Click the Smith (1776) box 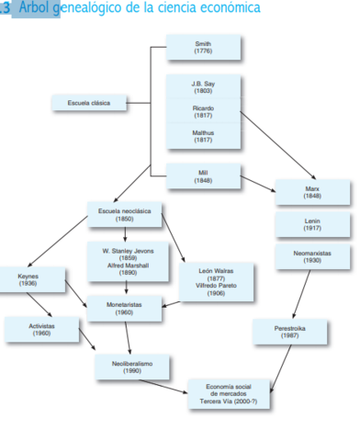coord(203,48)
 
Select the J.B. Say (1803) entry coord(203,87)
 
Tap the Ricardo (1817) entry coord(203,111)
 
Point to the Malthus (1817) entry coord(203,136)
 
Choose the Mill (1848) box coord(203,175)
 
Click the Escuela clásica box coord(89,104)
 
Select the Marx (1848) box coord(312,192)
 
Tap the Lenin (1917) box coord(312,225)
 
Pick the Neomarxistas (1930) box coord(312,256)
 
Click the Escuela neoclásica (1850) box coord(124,216)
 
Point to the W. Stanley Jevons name coord(128,250)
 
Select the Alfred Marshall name coord(128,265)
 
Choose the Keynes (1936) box coord(28,279)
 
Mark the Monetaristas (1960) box coord(124,308)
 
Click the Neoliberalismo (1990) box coord(131,367)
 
